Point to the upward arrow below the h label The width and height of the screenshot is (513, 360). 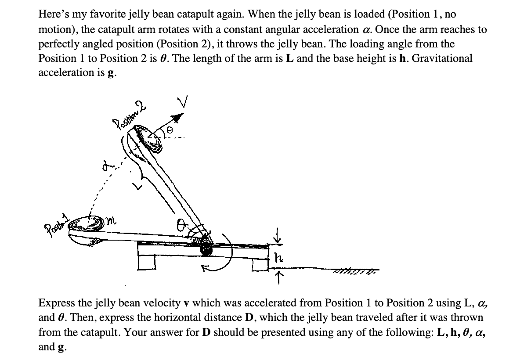tap(278, 276)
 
